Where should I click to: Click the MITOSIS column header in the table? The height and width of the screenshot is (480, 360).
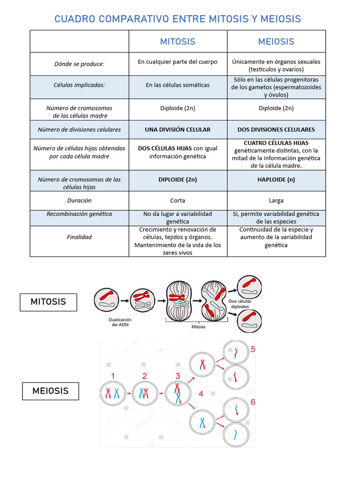pos(178,42)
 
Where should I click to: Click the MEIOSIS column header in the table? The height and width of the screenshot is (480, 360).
pos(276,42)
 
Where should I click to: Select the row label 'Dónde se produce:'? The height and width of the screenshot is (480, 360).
pos(79,64)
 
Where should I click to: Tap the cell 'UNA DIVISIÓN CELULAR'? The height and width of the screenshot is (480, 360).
pos(178,129)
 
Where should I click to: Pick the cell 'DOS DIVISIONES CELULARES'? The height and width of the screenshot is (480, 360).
pos(276,129)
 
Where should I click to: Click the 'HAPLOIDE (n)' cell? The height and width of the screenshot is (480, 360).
pos(276,180)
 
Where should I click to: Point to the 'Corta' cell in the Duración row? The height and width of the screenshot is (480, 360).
pos(178,201)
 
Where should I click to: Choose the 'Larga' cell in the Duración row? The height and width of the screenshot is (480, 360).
pos(276,201)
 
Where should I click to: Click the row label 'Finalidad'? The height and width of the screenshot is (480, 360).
pos(79,237)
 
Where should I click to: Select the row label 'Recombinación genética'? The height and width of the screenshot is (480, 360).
pos(79,214)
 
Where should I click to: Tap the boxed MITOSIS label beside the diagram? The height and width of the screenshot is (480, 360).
pos(48,302)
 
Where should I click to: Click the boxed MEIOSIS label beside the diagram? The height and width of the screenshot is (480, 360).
pos(50,391)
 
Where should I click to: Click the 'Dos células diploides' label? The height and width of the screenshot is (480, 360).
pos(240,304)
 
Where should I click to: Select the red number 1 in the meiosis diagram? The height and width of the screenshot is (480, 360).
pos(112,376)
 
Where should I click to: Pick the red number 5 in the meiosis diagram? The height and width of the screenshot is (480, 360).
pos(253,349)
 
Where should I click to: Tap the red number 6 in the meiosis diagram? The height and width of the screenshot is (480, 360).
pos(253,402)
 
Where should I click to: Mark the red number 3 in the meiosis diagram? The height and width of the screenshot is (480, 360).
pos(178,376)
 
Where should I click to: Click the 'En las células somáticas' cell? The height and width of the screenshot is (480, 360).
pos(178,85)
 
